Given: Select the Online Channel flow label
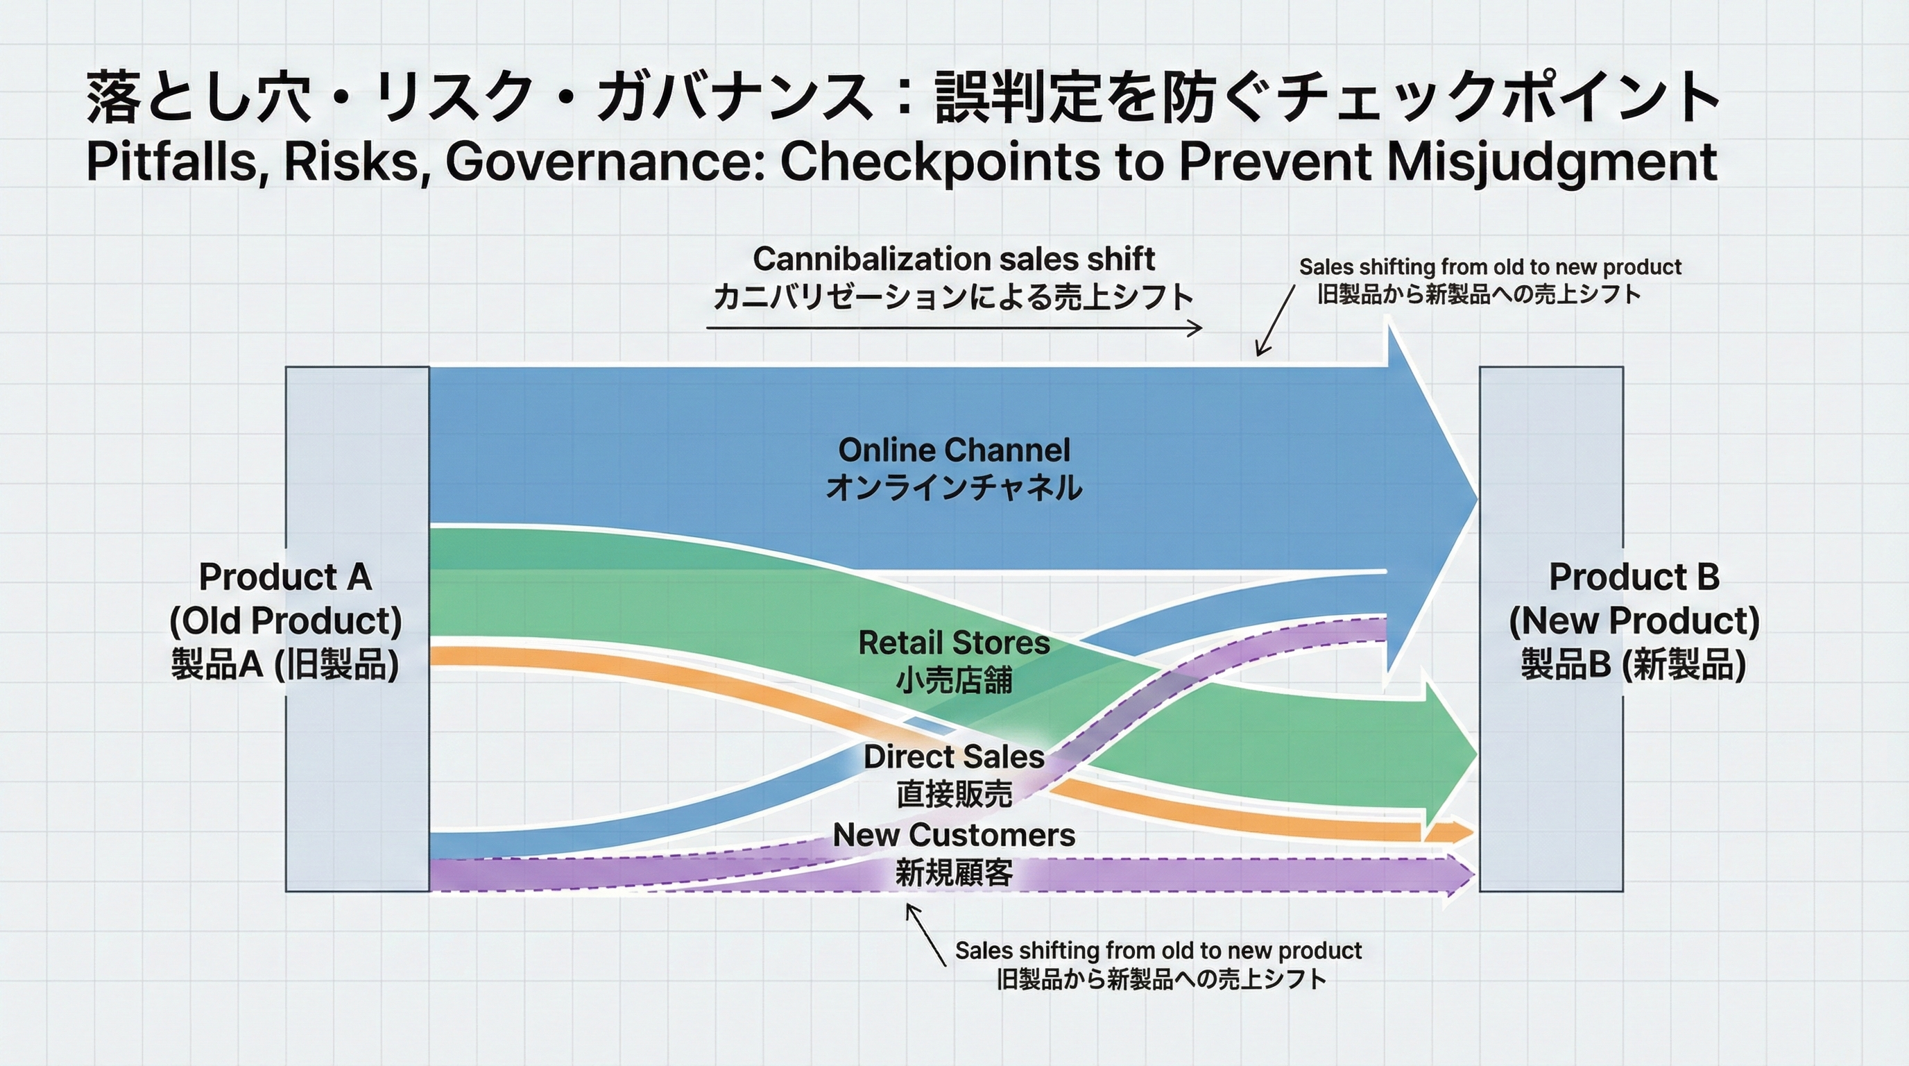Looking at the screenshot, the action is click(x=954, y=468).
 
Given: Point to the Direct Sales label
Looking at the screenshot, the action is click(x=954, y=775).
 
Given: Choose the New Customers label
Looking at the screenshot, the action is click(x=954, y=853).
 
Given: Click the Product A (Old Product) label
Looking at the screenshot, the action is click(x=285, y=620).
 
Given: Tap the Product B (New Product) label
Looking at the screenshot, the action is click(x=1634, y=620).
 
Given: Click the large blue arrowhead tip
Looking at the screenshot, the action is click(x=1477, y=500).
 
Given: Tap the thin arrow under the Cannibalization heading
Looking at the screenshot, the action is click(x=954, y=328).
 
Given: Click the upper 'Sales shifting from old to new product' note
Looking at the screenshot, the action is click(x=1489, y=280).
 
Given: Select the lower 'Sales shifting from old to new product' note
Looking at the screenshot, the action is click(x=1158, y=965).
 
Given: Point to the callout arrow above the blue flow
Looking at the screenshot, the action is click(x=1275, y=320).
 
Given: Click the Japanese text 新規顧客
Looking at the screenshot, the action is click(x=954, y=872).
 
